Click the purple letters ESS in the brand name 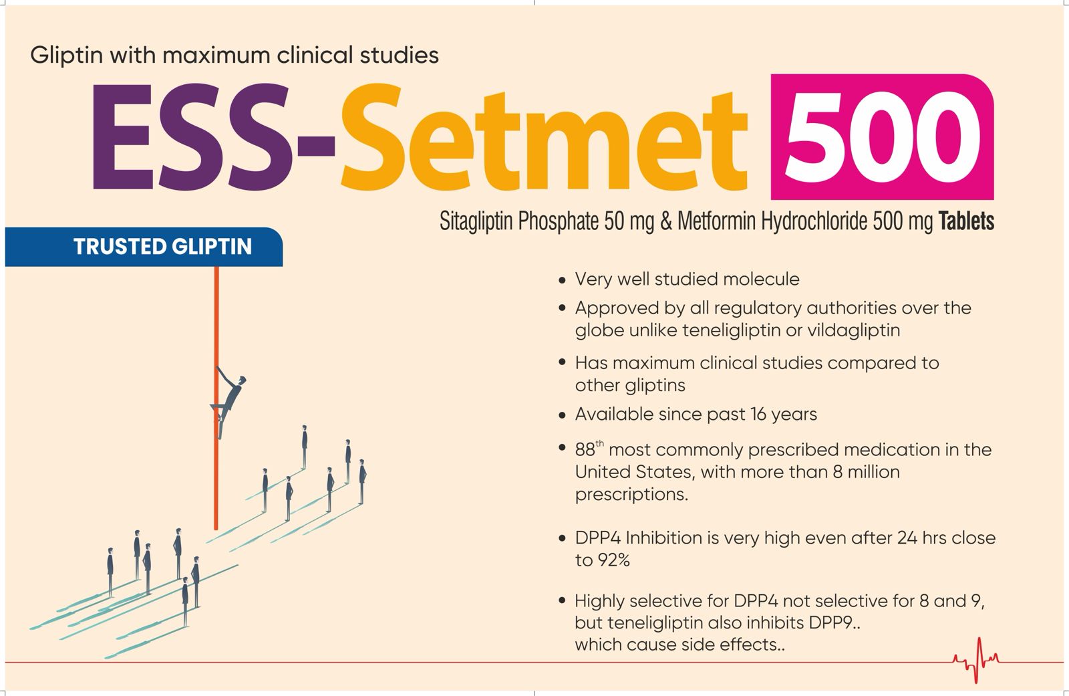[x=191, y=136]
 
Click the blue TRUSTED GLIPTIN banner [x=144, y=247]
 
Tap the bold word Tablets [x=966, y=221]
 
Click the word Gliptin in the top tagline [x=66, y=55]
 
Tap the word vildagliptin [x=854, y=330]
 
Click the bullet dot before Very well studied [x=562, y=280]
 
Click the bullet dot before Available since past [x=562, y=416]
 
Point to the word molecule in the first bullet [x=761, y=279]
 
